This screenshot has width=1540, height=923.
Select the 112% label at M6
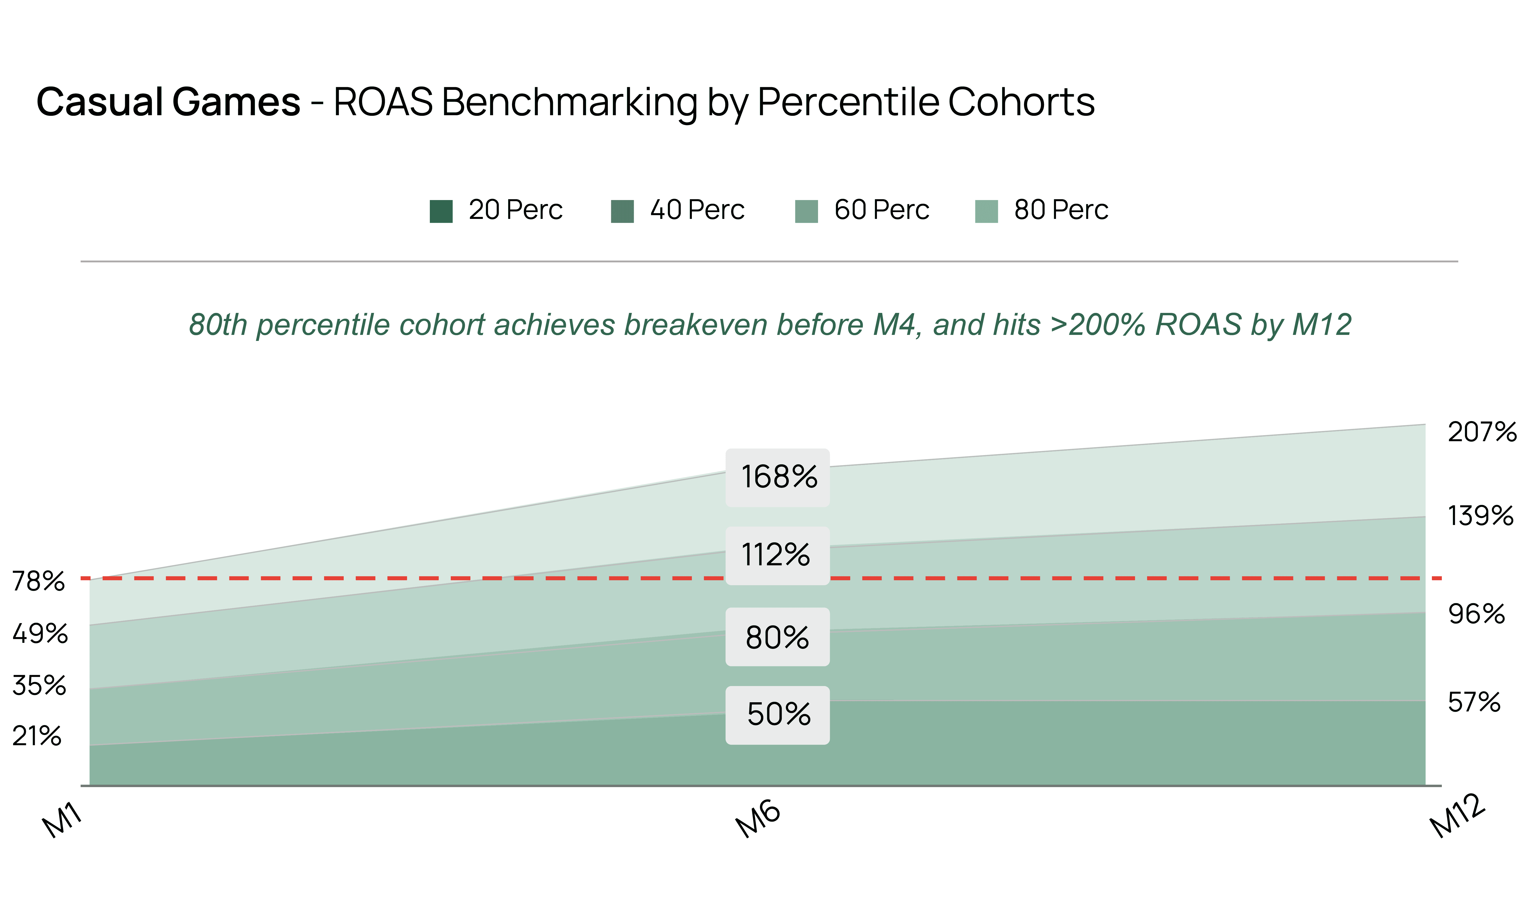pyautogui.click(x=776, y=555)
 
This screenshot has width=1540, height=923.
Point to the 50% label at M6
pyautogui.click(x=778, y=715)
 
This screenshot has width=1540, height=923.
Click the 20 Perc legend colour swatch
pyautogui.click(x=441, y=211)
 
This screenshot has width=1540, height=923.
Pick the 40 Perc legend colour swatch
pyautogui.click(x=622, y=211)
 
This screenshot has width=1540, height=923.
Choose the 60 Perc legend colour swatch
pyautogui.click(x=806, y=211)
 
